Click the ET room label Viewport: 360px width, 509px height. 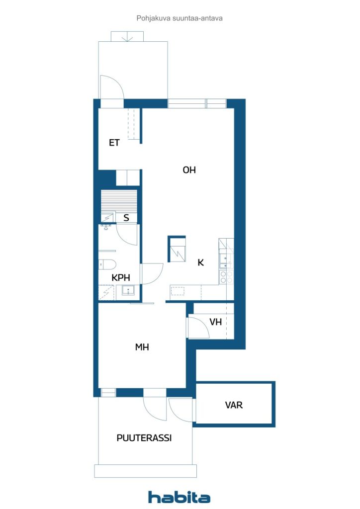tap(114, 143)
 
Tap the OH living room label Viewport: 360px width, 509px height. tap(189, 170)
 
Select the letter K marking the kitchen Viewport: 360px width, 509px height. tap(201, 263)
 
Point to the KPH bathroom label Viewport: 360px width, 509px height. tap(121, 278)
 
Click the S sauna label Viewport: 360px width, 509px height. tap(126, 218)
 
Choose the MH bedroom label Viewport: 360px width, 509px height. tap(142, 347)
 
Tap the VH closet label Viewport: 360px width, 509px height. tap(215, 322)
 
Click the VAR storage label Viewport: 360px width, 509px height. tap(234, 405)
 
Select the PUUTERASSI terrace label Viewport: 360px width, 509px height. tap(144, 438)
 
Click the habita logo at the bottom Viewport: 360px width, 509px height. tap(179, 497)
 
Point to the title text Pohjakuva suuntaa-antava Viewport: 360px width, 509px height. tap(179, 18)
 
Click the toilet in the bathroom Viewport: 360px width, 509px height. tap(107, 264)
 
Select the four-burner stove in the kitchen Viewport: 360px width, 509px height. tap(226, 277)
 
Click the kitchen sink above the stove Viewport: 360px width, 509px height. tap(226, 258)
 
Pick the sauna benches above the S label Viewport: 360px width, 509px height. tap(118, 201)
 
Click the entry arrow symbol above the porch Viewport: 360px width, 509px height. tap(127, 36)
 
